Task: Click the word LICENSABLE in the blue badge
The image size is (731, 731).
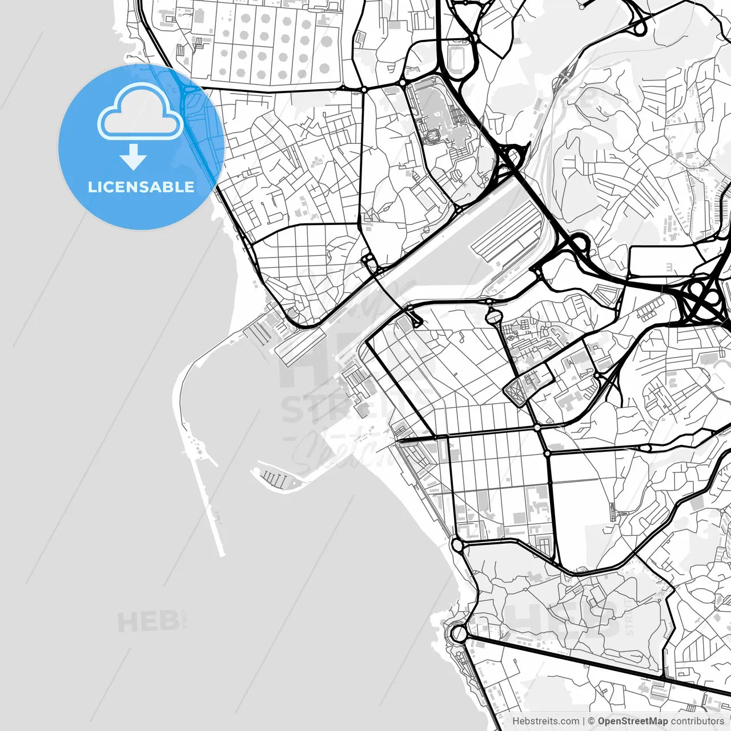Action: [x=140, y=187]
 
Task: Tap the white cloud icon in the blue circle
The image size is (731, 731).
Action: [x=140, y=111]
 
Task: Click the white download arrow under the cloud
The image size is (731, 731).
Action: [x=134, y=156]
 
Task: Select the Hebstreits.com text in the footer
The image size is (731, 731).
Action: [x=545, y=721]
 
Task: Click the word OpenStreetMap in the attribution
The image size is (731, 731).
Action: [x=632, y=721]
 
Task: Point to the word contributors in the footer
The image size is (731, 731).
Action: [x=697, y=721]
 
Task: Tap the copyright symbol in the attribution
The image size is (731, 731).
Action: [x=591, y=721]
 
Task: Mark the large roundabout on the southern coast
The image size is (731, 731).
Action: [x=459, y=633]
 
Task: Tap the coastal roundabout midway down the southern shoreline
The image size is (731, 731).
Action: [x=457, y=545]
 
